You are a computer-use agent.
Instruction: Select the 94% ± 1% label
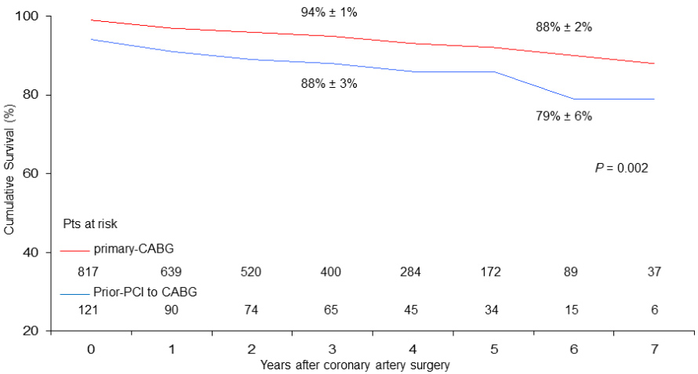pyautogui.click(x=329, y=12)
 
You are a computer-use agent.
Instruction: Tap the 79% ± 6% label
pyautogui.click(x=564, y=117)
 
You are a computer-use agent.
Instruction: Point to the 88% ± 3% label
pyautogui.click(x=329, y=83)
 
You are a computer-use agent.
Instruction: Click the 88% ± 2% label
pyautogui.click(x=564, y=27)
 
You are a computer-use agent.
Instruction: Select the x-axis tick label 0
pyautogui.click(x=91, y=347)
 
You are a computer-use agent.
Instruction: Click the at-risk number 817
pyautogui.click(x=91, y=272)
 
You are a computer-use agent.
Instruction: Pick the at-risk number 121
pyautogui.click(x=91, y=310)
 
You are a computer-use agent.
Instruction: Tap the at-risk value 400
pyautogui.click(x=330, y=272)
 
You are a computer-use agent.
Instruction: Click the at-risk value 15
pyautogui.click(x=571, y=310)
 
